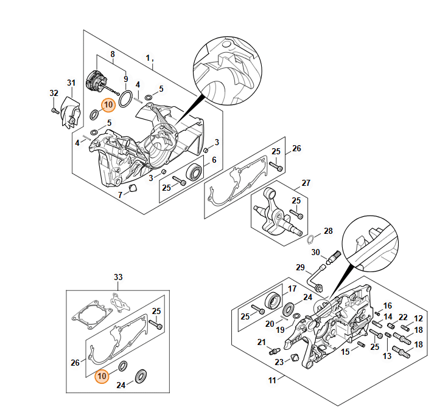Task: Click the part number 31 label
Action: (x=71, y=83)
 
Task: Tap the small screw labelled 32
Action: (x=54, y=111)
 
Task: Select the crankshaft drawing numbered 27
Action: (x=275, y=213)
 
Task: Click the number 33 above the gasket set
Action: (x=118, y=277)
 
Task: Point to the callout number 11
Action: (x=272, y=380)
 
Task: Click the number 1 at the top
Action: (x=147, y=57)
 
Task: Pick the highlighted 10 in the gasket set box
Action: (x=103, y=377)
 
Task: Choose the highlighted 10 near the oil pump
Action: (x=108, y=105)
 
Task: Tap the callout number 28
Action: (x=328, y=231)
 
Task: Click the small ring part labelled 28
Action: (x=309, y=237)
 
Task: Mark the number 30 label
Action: (x=315, y=252)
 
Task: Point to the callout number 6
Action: (x=214, y=160)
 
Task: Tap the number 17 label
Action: (x=292, y=289)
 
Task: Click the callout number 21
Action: (x=261, y=342)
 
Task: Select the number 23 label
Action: (x=279, y=362)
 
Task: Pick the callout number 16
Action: (x=388, y=305)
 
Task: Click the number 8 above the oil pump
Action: (x=112, y=54)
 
